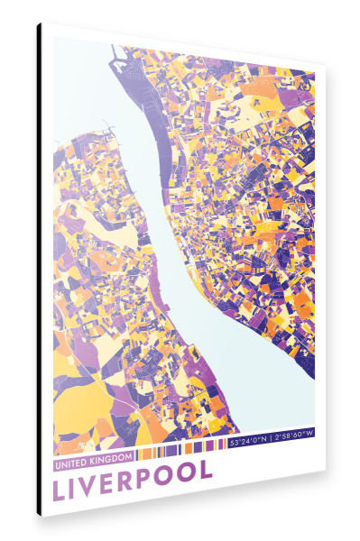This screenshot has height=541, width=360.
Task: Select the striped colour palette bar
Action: [180, 448]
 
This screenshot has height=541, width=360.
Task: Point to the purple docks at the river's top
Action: [122, 68]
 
